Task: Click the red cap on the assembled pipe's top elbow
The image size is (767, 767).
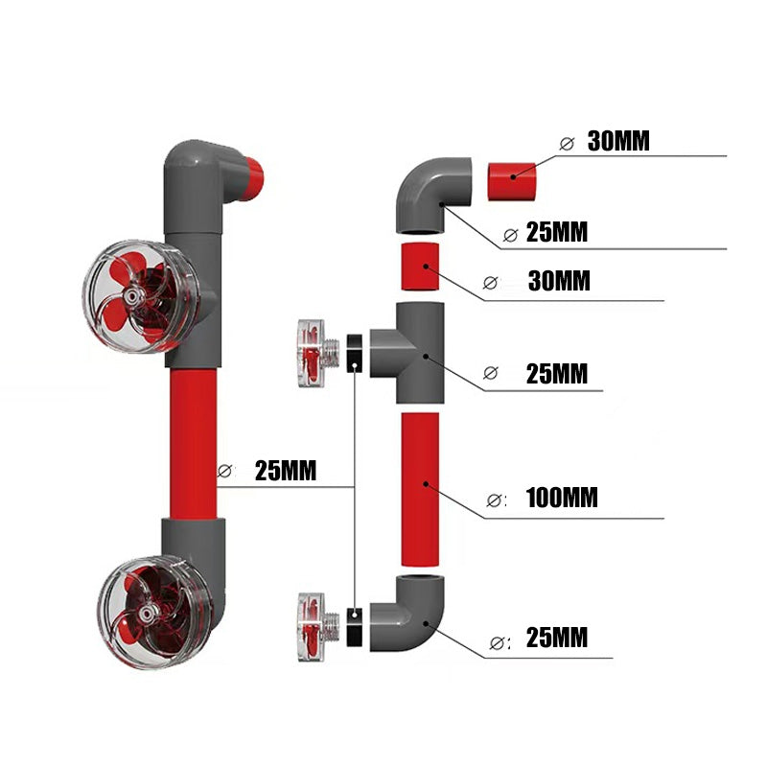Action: (253, 177)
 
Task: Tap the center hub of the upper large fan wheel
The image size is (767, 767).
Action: (142, 297)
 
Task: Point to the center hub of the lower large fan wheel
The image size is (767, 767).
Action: (147, 611)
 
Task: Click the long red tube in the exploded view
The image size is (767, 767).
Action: (422, 489)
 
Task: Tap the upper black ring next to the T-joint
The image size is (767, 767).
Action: (355, 350)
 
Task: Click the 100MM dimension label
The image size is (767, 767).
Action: (562, 499)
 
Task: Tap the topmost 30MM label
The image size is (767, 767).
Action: (618, 142)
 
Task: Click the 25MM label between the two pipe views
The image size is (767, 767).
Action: (286, 471)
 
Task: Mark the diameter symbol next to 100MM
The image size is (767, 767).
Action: (495, 500)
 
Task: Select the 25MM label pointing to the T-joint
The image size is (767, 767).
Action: (556, 373)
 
